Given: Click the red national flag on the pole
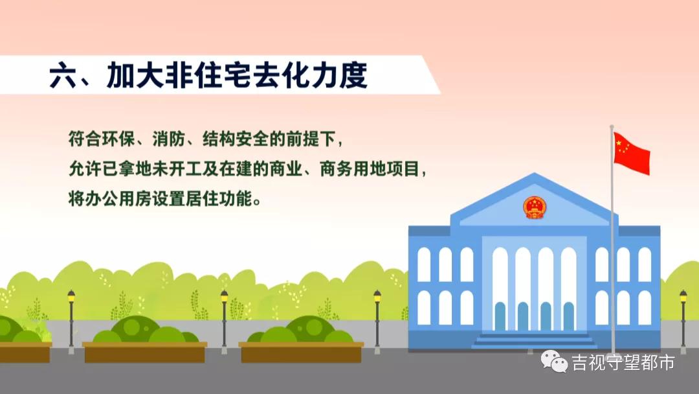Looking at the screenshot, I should point(631,153).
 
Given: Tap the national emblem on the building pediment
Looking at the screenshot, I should point(534,207).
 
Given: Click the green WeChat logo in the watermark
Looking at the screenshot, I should point(554,362).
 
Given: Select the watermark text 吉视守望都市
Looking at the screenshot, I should point(623,362).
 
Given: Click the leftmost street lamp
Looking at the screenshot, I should point(71,321).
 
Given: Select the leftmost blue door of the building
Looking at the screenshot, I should point(500,316).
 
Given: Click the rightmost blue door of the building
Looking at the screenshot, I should point(568,316).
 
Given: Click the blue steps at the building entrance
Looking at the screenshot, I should point(534,341).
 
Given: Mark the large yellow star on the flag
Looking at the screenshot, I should point(619,142).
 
